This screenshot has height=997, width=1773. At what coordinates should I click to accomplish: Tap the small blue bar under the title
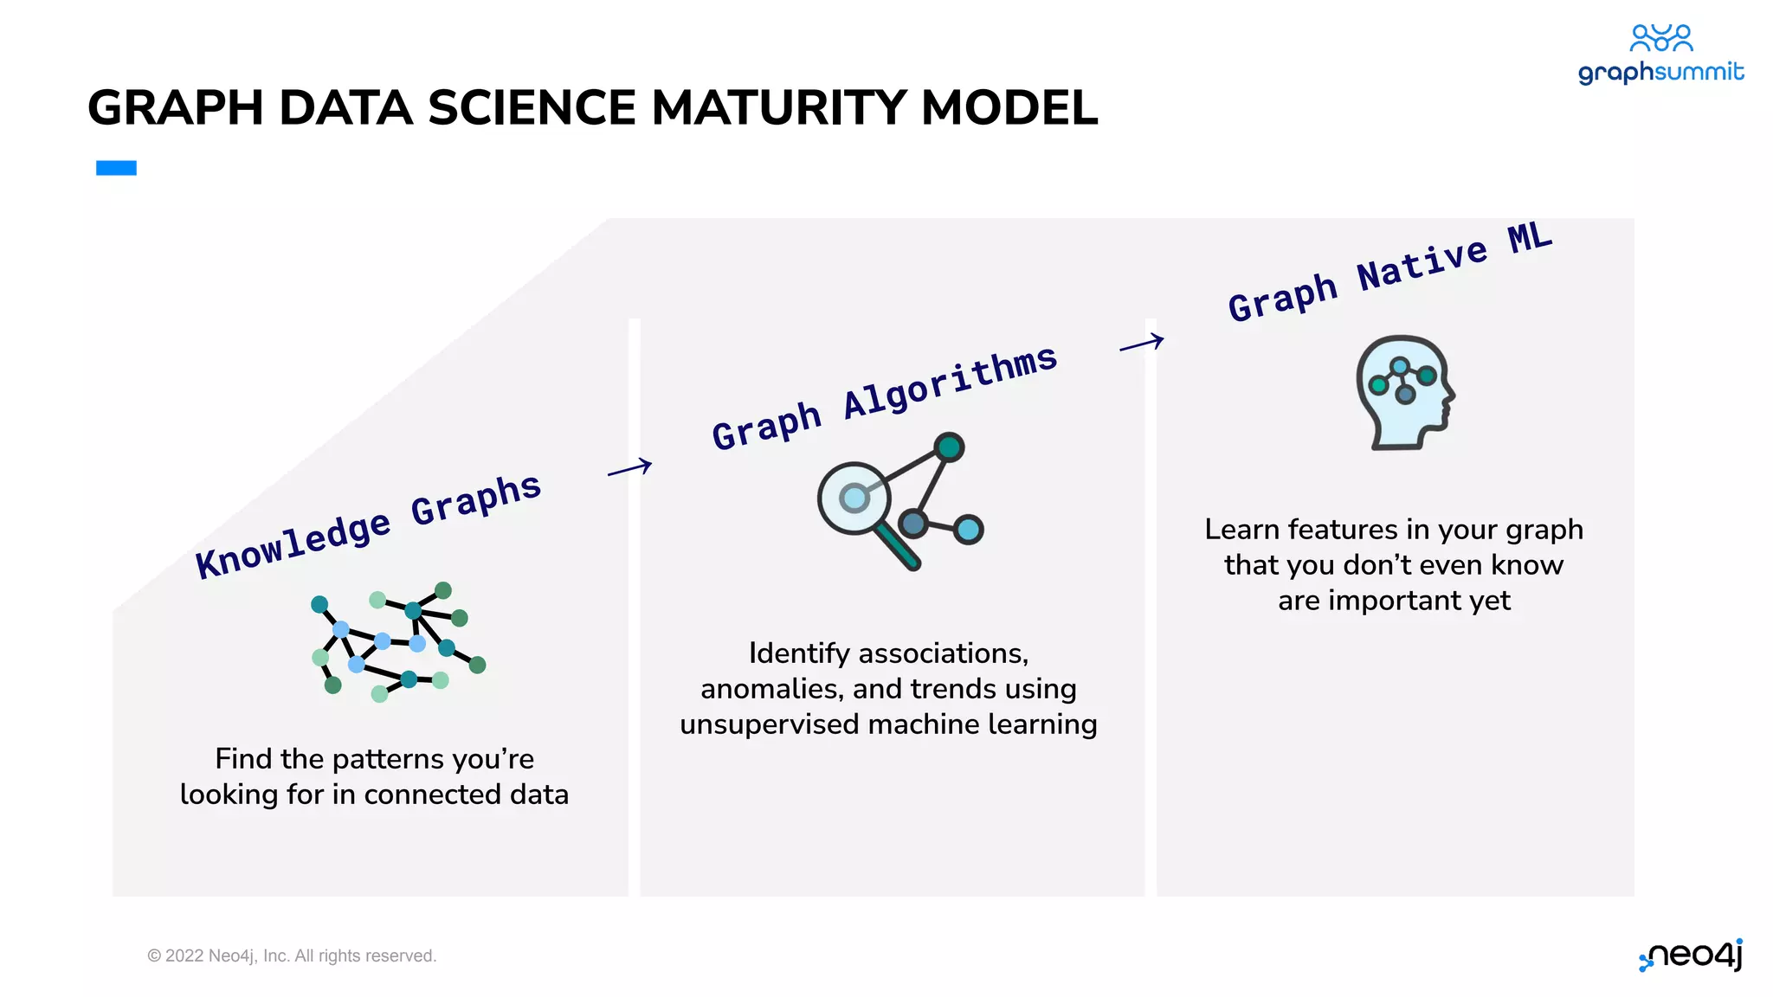(116, 168)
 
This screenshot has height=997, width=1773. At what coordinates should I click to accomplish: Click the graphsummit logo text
(1660, 72)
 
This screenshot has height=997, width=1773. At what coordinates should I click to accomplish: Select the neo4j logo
(1692, 955)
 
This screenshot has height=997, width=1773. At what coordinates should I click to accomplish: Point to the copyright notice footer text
(292, 955)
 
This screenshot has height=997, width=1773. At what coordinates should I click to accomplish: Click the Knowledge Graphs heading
(368, 526)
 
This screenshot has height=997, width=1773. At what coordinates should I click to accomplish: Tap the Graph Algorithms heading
(884, 397)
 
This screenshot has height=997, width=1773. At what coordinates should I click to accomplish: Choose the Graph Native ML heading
(1389, 272)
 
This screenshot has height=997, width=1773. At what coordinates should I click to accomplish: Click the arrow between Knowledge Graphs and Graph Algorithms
(629, 468)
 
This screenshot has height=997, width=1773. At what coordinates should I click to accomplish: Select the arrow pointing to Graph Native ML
(1141, 343)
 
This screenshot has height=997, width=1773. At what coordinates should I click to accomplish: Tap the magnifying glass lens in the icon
(854, 498)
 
